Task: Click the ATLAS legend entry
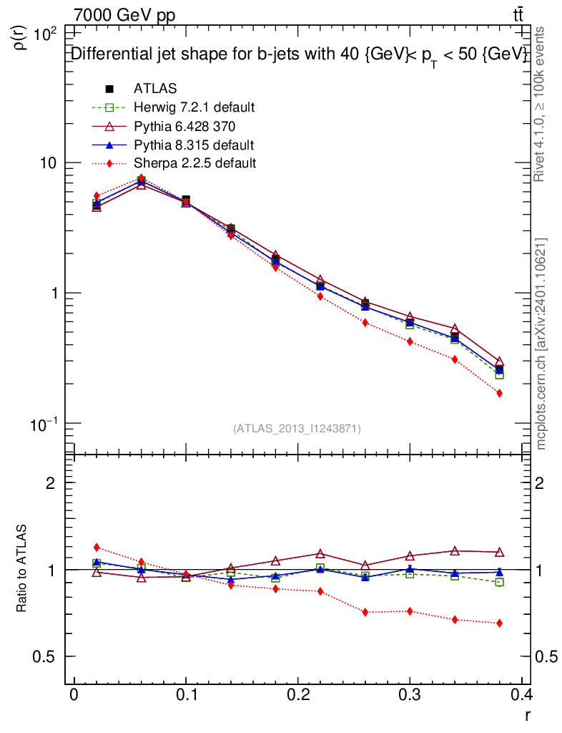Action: [x=155, y=89]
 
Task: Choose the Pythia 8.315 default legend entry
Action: [x=193, y=145]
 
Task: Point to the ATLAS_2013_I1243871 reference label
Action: [x=297, y=429]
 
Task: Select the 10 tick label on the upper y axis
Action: [x=50, y=163]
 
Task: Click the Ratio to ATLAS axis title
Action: [x=22, y=570]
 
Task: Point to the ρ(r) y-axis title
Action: [x=21, y=39]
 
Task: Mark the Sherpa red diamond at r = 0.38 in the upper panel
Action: [x=499, y=393]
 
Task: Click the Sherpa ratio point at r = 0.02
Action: [x=97, y=548]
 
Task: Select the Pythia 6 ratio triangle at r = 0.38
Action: [x=499, y=552]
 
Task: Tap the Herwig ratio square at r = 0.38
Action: [x=499, y=582]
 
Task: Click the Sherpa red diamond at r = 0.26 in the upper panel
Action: [x=365, y=323]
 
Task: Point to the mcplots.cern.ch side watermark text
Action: [x=541, y=344]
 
